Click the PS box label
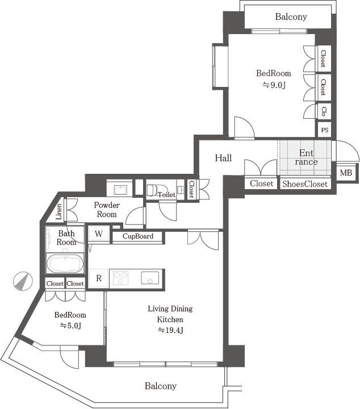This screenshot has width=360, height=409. pyautogui.click(x=325, y=130)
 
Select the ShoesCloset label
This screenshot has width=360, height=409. pyautogui.click(x=305, y=183)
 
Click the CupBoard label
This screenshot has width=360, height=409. pyautogui.click(x=137, y=236)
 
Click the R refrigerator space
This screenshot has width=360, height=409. pyautogui.click(x=99, y=278)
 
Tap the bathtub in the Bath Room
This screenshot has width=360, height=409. pyautogui.click(x=65, y=264)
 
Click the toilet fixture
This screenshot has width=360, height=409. pyautogui.click(x=154, y=189)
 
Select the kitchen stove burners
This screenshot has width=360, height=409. pyautogui.click(x=122, y=278)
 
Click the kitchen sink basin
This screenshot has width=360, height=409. pyautogui.click(x=150, y=278)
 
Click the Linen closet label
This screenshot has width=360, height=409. pyautogui.click(x=59, y=212)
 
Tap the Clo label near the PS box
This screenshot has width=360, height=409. pyautogui.click(x=324, y=111)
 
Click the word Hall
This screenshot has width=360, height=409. pyautogui.click(x=223, y=158)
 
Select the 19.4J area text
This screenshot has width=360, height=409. pyautogui.click(x=170, y=330)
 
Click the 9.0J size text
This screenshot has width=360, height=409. pyautogui.click(x=274, y=85)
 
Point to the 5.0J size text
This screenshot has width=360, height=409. pyautogui.click(x=70, y=325)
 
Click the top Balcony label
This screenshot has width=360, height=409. pyautogui.click(x=291, y=16)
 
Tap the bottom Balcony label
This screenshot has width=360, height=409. pyautogui.click(x=160, y=386)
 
